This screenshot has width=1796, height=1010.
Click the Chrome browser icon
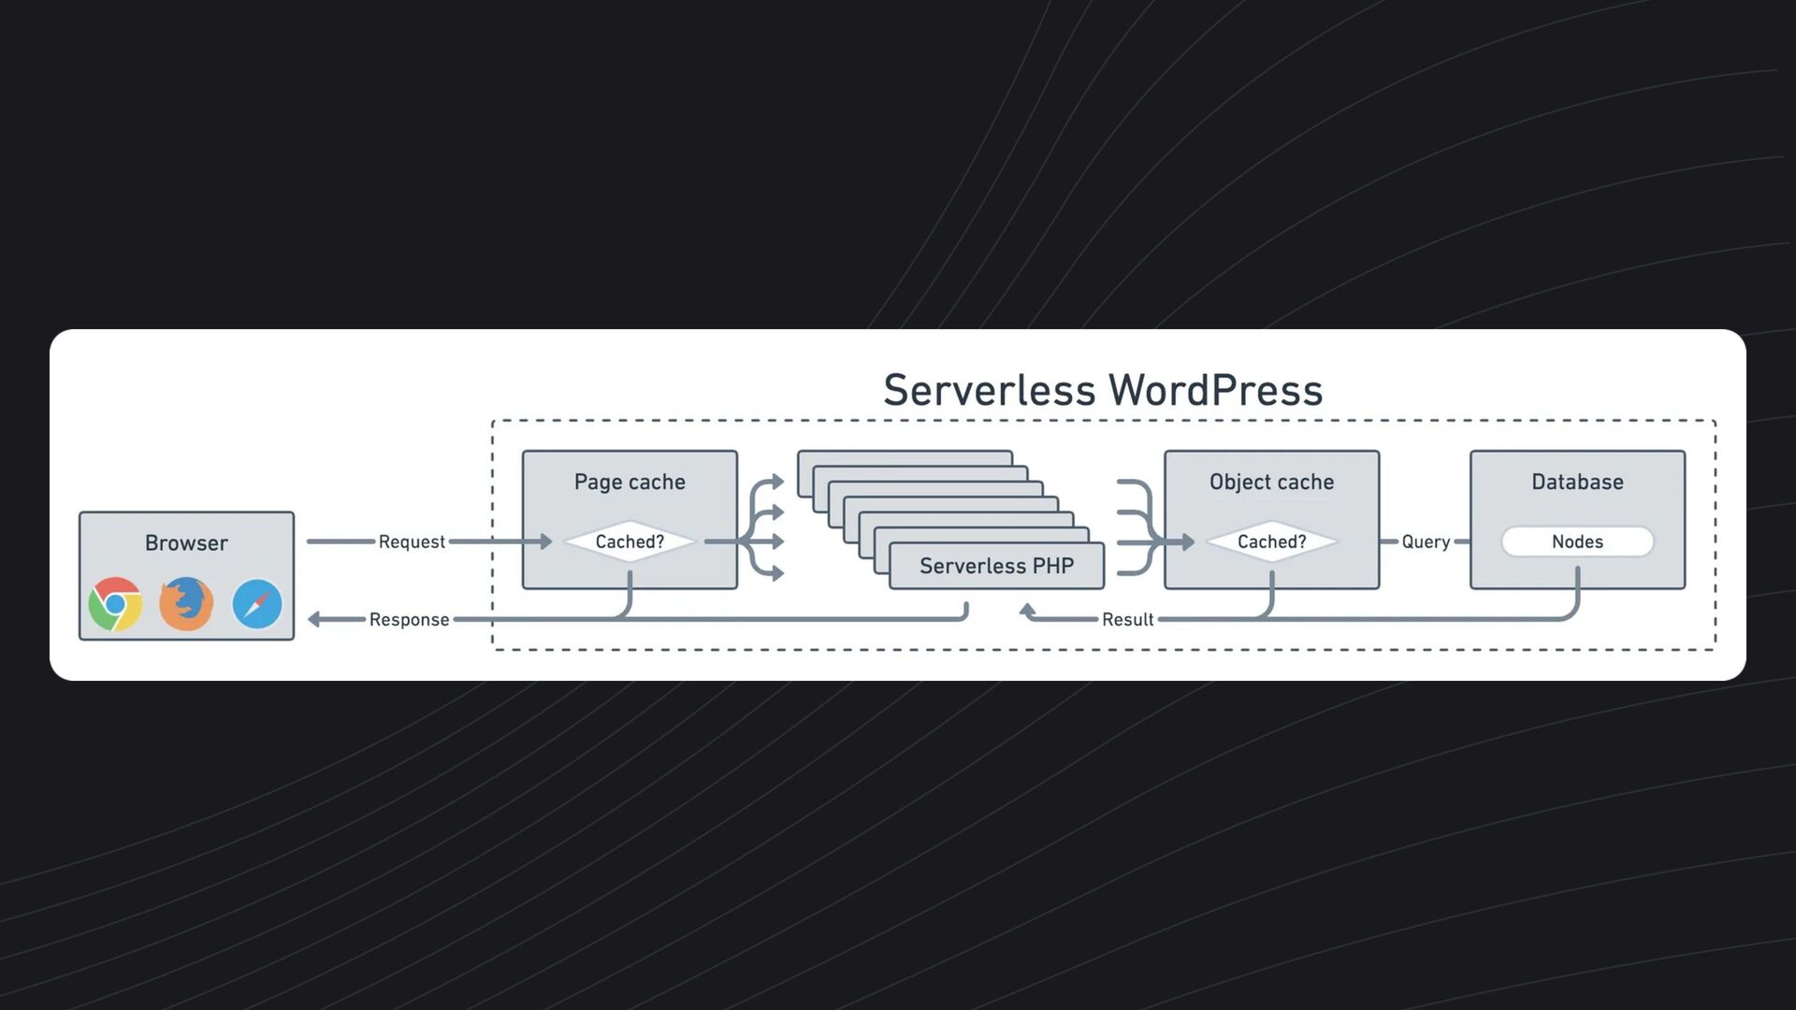coord(115,604)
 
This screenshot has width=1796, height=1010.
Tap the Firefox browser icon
coord(186,604)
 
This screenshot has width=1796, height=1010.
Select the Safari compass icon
coord(257,604)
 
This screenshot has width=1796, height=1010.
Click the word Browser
coord(186,543)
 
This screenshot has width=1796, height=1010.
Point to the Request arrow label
coord(412,542)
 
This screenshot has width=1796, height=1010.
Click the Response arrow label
coord(409,620)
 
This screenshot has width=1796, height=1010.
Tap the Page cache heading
coord(630,483)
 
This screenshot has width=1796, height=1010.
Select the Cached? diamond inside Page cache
coord(630,542)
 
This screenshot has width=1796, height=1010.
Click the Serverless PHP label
coord(996,566)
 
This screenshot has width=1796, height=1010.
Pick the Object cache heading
coord(1271,483)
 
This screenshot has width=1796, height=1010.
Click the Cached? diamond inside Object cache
coord(1271,542)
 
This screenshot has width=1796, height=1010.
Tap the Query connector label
coord(1426,542)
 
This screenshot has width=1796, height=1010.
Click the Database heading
coord(1577,483)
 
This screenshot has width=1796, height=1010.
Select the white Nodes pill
coord(1577,542)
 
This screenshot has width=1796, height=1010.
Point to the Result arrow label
coord(1127,620)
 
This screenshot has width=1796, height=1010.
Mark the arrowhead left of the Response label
coord(315,619)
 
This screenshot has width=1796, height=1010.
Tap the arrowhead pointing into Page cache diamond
coord(546,541)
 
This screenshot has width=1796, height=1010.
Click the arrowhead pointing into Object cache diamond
coord(1188,541)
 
